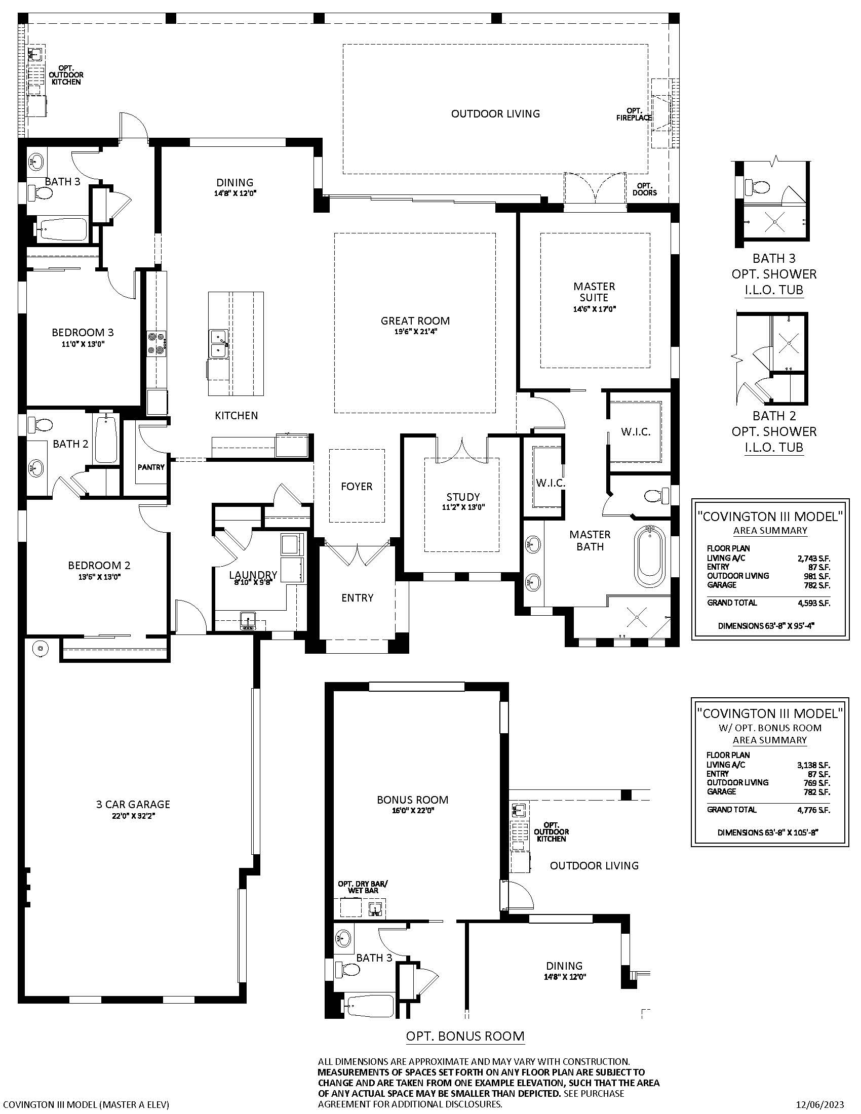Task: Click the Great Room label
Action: [x=415, y=321]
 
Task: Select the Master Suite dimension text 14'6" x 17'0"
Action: [x=594, y=308]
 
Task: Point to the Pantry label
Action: [x=151, y=467]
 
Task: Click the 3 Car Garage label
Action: [x=133, y=805]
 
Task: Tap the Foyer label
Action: [x=357, y=487]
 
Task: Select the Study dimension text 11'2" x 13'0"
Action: [x=463, y=507]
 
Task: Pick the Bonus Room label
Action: [x=413, y=800]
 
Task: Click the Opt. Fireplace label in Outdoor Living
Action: [x=634, y=114]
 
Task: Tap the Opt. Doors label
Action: [x=645, y=189]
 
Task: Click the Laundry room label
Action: [x=253, y=575]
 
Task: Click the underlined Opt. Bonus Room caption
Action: [x=465, y=1036]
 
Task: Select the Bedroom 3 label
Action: [x=83, y=333]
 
